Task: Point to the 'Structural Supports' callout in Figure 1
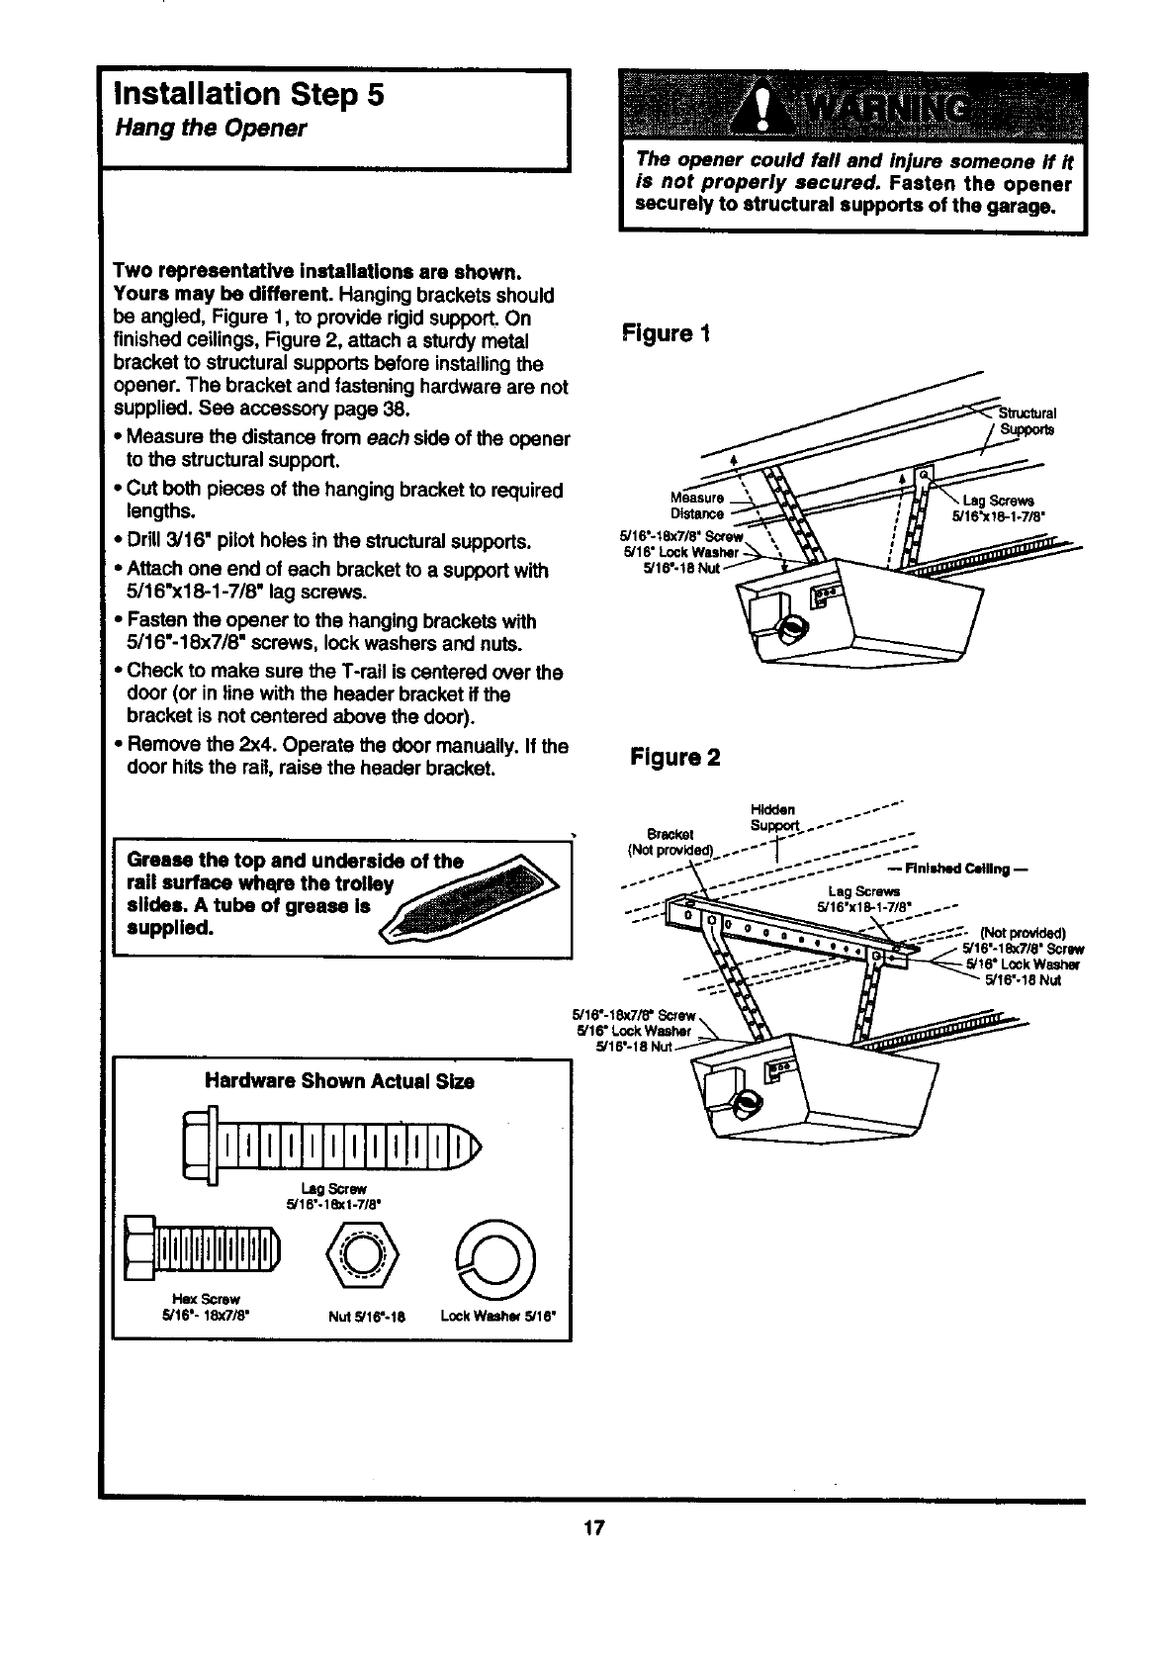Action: point(1027,421)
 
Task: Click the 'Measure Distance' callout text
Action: point(697,505)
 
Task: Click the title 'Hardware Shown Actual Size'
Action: point(339,1082)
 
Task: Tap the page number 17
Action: point(592,1527)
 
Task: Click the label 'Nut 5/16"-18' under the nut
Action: point(368,1316)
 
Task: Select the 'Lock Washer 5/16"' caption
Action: point(499,1316)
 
